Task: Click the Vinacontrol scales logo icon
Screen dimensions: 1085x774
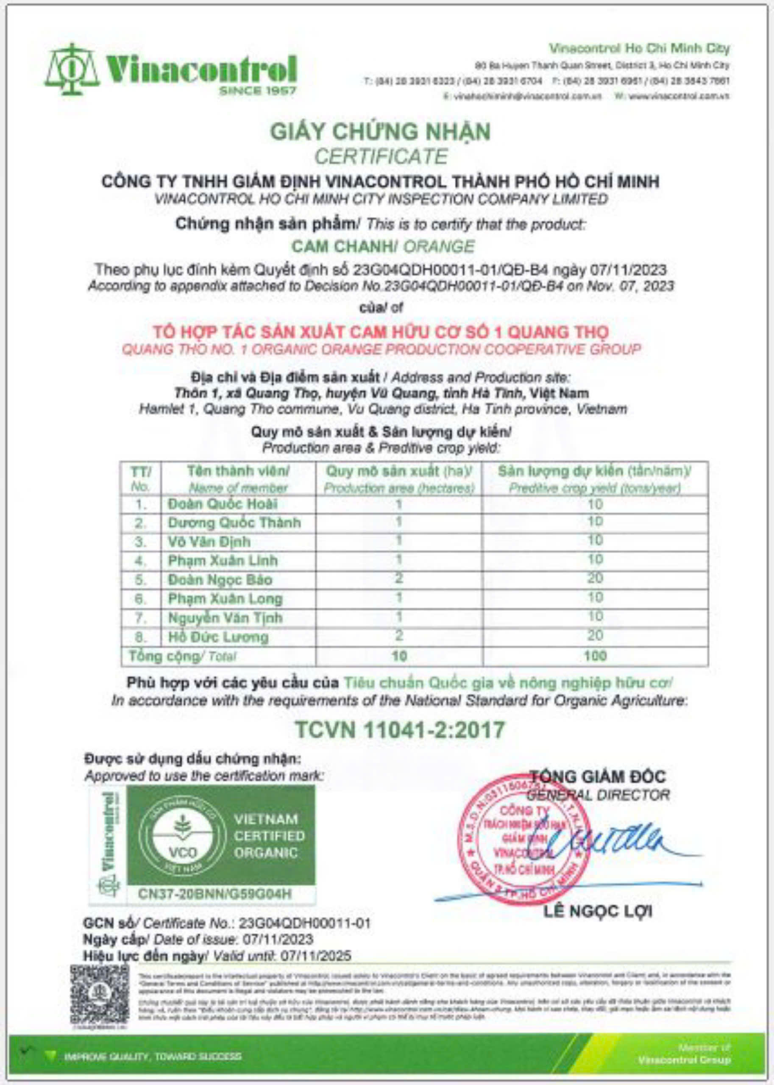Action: click(72, 70)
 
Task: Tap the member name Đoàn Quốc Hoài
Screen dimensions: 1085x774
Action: click(222, 504)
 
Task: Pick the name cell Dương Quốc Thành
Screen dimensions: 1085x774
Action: click(234, 523)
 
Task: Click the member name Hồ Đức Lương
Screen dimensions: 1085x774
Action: click(218, 637)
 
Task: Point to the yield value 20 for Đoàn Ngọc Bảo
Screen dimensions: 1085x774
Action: click(595, 579)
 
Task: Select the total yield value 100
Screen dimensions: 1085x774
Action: click(595, 656)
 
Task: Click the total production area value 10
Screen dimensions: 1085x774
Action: click(399, 656)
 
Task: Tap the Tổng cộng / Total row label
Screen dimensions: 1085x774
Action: click(182, 657)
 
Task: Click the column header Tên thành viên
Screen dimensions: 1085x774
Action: click(238, 471)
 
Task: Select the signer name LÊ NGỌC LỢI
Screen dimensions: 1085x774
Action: click(598, 912)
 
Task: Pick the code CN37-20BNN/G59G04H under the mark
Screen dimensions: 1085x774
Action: click(214, 894)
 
